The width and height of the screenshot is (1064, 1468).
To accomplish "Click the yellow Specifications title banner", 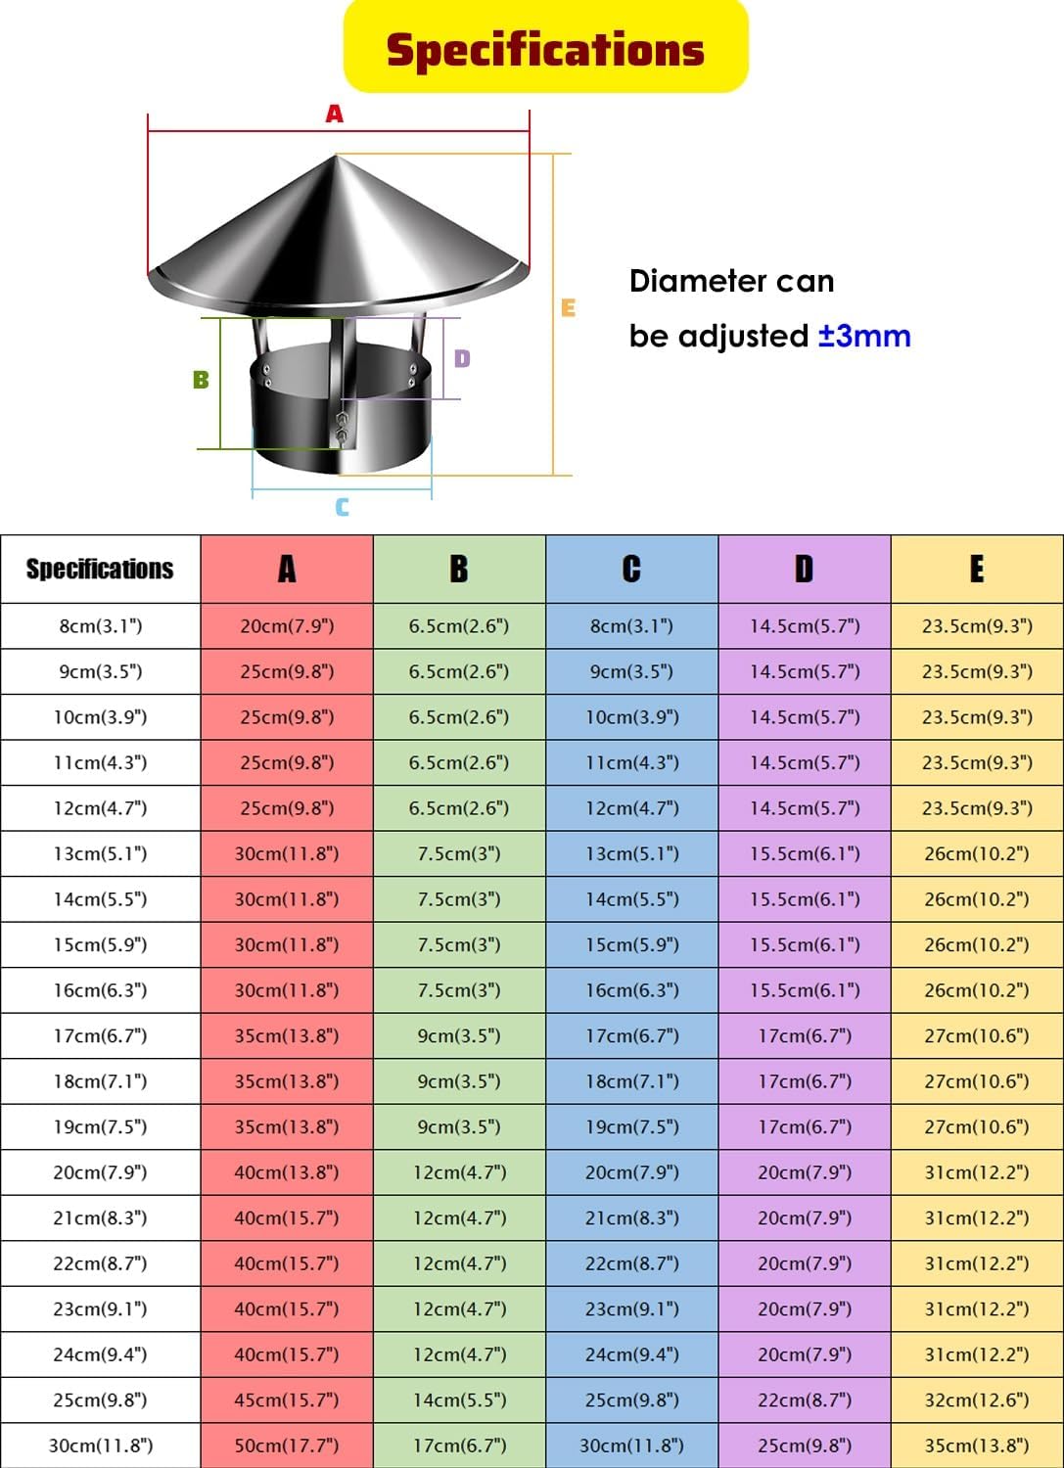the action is pyautogui.click(x=545, y=46).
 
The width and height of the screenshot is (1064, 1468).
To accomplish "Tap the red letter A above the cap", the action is pyautogui.click(x=335, y=115).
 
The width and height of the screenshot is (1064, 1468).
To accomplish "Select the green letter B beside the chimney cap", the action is pyautogui.click(x=202, y=380).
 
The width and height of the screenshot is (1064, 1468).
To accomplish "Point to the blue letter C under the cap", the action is pyautogui.click(x=343, y=507).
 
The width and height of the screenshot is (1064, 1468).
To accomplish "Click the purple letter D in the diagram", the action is pyautogui.click(x=462, y=358).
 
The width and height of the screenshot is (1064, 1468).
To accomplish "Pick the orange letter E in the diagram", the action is pyautogui.click(x=569, y=308).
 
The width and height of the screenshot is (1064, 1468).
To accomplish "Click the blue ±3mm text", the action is pyautogui.click(x=864, y=337).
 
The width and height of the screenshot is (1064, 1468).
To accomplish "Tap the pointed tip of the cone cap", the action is pyautogui.click(x=335, y=156).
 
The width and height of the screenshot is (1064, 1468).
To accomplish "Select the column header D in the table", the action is pyautogui.click(x=805, y=569).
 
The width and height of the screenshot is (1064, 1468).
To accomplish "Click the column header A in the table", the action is pyautogui.click(x=287, y=569).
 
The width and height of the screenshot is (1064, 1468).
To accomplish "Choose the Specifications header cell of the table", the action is pyautogui.click(x=100, y=569).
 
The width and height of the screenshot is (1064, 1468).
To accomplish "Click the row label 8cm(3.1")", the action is pyautogui.click(x=100, y=626).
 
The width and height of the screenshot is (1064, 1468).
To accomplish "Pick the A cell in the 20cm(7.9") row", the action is pyautogui.click(x=287, y=1171).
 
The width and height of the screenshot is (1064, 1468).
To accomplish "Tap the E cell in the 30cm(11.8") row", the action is pyautogui.click(x=977, y=1445).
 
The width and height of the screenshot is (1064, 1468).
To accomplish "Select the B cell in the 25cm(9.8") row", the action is pyautogui.click(x=459, y=1399).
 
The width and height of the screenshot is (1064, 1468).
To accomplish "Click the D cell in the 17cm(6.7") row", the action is pyautogui.click(x=805, y=1035).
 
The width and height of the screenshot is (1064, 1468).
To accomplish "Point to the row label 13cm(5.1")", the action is pyautogui.click(x=100, y=853).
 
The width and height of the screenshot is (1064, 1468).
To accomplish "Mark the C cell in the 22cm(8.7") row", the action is pyautogui.click(x=631, y=1262).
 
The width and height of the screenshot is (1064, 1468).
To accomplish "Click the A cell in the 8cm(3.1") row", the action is pyautogui.click(x=287, y=626).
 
